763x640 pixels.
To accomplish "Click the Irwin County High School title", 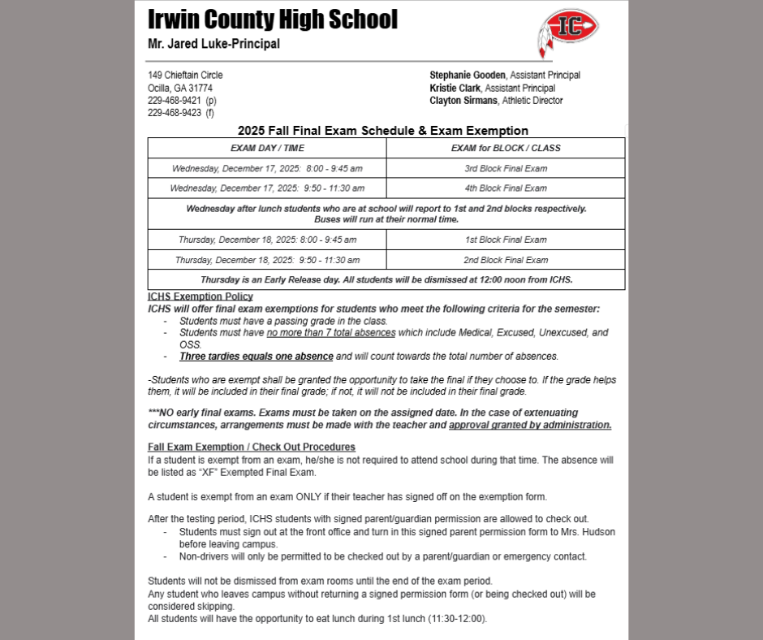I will (273, 19).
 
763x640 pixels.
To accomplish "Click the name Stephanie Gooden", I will (468, 76).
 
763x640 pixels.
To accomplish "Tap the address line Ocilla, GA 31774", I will (180, 88).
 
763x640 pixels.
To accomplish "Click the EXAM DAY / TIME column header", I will (267, 149).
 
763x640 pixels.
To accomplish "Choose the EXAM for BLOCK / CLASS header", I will (506, 149).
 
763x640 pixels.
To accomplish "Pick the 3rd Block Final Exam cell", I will (506, 169).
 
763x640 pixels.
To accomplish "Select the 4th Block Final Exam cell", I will (506, 188).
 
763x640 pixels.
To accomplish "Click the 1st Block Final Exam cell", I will (506, 240).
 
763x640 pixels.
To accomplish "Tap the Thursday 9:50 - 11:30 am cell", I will (267, 260).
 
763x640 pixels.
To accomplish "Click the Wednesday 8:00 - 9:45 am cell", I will (267, 169).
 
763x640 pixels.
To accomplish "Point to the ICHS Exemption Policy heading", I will (200, 296).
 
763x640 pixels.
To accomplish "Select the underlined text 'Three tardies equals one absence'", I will (256, 357).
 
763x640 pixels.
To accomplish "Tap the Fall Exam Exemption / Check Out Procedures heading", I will (252, 448).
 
